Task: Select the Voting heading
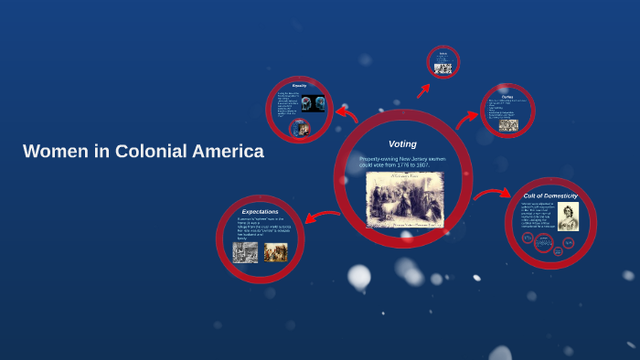[x=402, y=144]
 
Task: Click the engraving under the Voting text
[x=404, y=199]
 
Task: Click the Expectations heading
[x=260, y=212]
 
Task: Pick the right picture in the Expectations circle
[x=275, y=251]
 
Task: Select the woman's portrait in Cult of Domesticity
[x=569, y=216]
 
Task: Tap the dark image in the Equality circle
[x=314, y=103]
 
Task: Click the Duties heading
[x=507, y=95]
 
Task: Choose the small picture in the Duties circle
[x=508, y=125]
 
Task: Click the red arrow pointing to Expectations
[x=322, y=217]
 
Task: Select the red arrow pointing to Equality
[x=347, y=113]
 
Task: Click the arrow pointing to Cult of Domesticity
[x=493, y=194]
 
